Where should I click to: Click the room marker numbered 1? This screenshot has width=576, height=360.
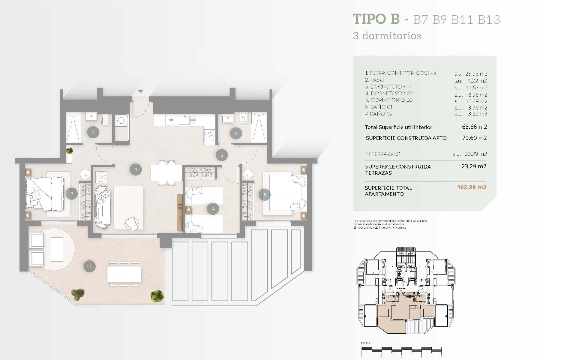pos(136,169)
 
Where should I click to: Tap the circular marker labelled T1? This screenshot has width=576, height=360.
pos(89,266)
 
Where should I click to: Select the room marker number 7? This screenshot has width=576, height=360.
pos(93,132)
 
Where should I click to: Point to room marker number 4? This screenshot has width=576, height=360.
pos(213,209)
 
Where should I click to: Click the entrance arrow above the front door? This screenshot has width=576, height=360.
pos(141,91)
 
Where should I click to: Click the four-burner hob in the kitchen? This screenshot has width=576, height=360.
pos(209,135)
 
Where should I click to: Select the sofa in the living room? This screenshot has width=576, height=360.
pos(103,206)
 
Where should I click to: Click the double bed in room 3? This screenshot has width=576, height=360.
pos(45,193)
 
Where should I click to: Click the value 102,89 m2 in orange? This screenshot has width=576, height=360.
pos(472,187)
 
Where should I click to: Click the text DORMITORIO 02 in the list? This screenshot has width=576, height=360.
pos(391,94)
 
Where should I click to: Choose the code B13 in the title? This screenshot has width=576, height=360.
pos(489,20)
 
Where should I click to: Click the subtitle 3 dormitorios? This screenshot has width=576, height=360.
pos(387,36)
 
